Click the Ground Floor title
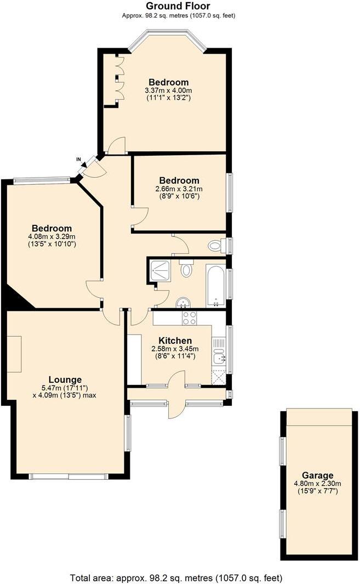178,6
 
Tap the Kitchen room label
175,341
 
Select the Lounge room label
65,379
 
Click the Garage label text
317,475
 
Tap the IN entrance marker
79,160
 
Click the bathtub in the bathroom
215,285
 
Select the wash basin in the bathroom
183,302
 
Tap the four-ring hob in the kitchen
190,318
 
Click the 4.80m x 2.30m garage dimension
317,484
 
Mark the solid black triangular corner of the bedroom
18,299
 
